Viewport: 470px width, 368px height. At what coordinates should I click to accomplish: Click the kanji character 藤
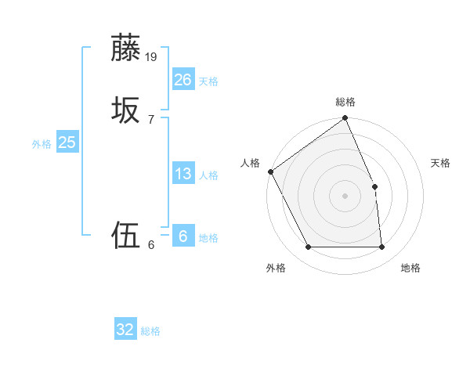126,48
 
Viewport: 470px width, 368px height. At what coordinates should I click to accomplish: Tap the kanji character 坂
126,110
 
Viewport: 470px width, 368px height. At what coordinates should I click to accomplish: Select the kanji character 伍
126,235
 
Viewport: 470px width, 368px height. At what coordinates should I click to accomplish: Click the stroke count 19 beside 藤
152,56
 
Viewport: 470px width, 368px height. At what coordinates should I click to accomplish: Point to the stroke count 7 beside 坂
150,119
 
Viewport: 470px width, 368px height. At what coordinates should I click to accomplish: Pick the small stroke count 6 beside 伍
150,244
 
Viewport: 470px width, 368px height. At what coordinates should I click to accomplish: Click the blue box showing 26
183,79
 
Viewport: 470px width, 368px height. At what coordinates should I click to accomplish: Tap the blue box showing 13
183,174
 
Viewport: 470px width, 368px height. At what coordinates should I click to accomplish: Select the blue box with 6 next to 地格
183,236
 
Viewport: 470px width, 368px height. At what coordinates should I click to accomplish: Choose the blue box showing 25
67,143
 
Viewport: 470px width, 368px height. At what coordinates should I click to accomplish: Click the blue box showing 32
125,330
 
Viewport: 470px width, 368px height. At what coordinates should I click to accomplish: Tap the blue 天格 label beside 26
208,81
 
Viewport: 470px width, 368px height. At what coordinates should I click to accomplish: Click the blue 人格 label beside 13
208,175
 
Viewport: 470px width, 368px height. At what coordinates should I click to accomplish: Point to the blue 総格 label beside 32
150,331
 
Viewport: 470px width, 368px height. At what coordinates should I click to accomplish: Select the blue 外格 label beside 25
42,144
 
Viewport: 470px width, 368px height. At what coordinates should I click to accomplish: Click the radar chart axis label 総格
345,102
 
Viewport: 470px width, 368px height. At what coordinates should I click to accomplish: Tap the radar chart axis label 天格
441,163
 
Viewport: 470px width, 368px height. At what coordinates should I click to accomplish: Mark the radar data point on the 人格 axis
270,171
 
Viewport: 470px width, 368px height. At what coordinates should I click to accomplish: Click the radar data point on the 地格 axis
382,247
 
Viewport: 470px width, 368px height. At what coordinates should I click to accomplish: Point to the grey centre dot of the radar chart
345,196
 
